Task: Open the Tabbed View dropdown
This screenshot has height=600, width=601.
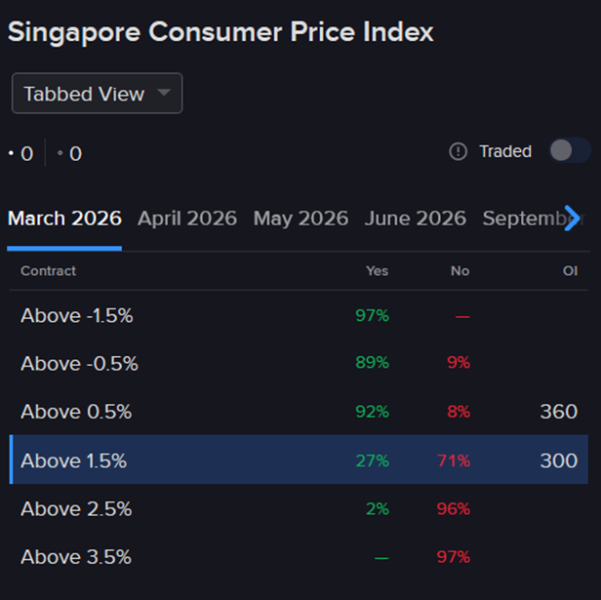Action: (x=97, y=94)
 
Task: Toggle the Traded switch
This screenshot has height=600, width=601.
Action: (x=570, y=150)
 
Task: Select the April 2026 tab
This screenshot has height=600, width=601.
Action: (x=187, y=218)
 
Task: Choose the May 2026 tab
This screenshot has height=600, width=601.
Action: (x=300, y=218)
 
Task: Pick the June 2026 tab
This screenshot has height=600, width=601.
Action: (x=415, y=218)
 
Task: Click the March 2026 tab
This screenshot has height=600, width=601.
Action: (x=64, y=218)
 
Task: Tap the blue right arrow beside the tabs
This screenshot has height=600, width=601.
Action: (x=573, y=217)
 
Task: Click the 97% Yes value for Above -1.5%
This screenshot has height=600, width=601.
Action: (x=372, y=315)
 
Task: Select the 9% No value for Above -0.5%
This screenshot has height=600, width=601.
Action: (x=459, y=363)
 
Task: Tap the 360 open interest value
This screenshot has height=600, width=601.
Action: (x=558, y=412)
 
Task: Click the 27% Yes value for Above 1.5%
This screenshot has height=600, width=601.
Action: (x=372, y=460)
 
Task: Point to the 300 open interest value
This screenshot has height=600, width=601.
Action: (x=558, y=460)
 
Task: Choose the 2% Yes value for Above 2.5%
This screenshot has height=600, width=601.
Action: (x=377, y=508)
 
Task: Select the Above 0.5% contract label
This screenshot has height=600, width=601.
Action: (x=76, y=412)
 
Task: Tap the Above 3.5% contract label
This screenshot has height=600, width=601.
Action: (x=76, y=557)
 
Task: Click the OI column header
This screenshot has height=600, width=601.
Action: (x=570, y=270)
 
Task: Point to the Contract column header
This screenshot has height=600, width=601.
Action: (x=48, y=270)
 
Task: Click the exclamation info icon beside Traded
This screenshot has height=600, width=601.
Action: (x=459, y=151)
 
